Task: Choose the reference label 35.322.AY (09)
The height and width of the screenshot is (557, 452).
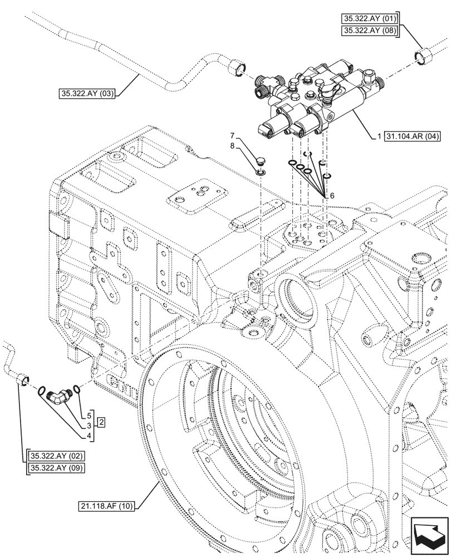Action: [55, 468]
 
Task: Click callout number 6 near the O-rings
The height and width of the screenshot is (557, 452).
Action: [332, 196]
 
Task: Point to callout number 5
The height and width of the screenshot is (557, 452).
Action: [88, 416]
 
